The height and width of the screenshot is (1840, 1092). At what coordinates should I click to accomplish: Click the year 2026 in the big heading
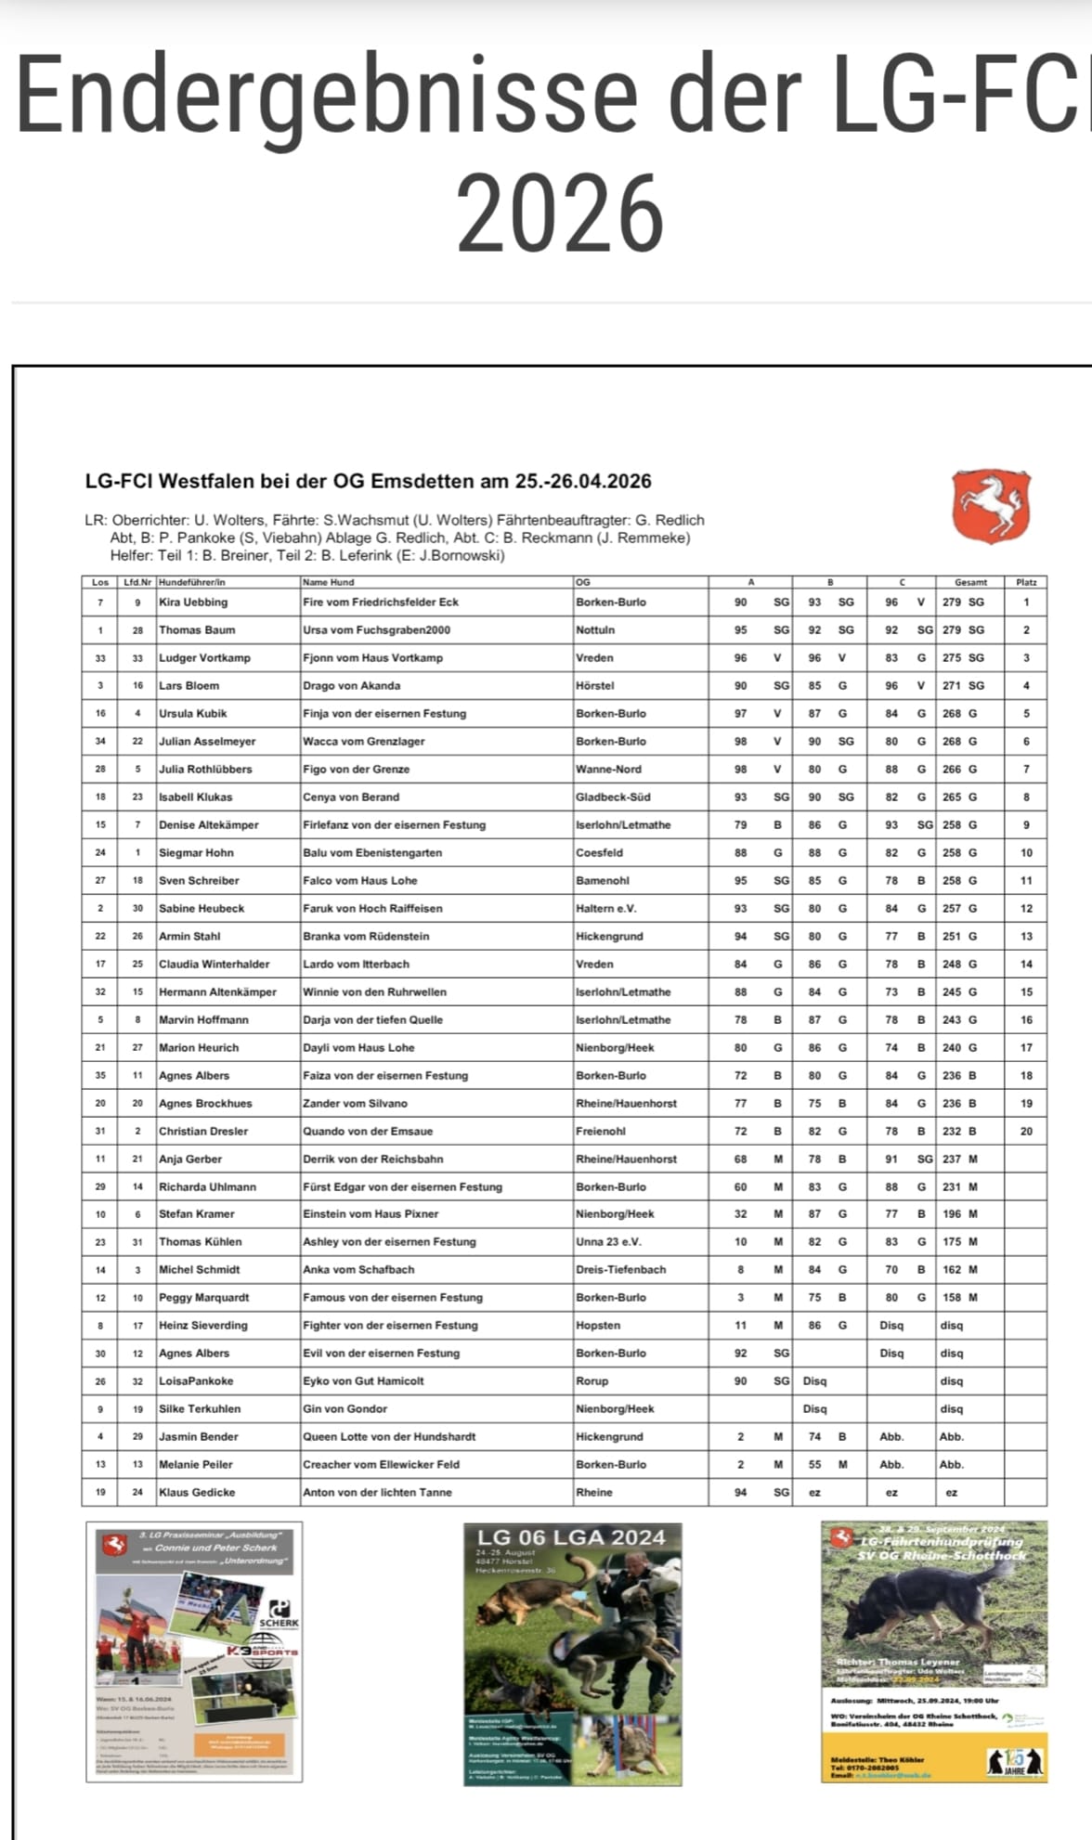tap(560, 214)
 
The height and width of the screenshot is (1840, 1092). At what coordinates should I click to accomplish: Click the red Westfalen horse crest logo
tap(991, 506)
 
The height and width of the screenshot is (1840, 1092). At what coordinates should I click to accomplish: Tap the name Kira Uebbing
tap(193, 602)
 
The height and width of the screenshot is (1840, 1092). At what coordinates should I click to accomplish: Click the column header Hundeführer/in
tap(192, 582)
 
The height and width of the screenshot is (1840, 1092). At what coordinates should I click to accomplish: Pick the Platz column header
tap(1026, 582)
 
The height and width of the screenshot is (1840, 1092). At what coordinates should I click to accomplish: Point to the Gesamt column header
tap(970, 582)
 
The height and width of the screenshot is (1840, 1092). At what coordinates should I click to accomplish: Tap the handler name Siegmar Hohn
tap(196, 852)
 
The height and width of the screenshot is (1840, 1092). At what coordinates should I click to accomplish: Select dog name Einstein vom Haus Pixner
tap(370, 1213)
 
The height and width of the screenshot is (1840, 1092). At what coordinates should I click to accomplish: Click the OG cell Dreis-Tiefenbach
tap(620, 1269)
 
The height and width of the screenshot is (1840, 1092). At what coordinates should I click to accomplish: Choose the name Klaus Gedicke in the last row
tap(197, 1492)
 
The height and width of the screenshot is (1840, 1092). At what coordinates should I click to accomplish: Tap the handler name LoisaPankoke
tap(196, 1380)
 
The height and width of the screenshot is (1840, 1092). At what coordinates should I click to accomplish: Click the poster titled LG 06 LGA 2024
tap(572, 1653)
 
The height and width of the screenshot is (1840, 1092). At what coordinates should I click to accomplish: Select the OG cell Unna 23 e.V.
tap(608, 1241)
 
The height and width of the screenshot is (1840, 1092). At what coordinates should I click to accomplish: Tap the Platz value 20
tap(1026, 1131)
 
